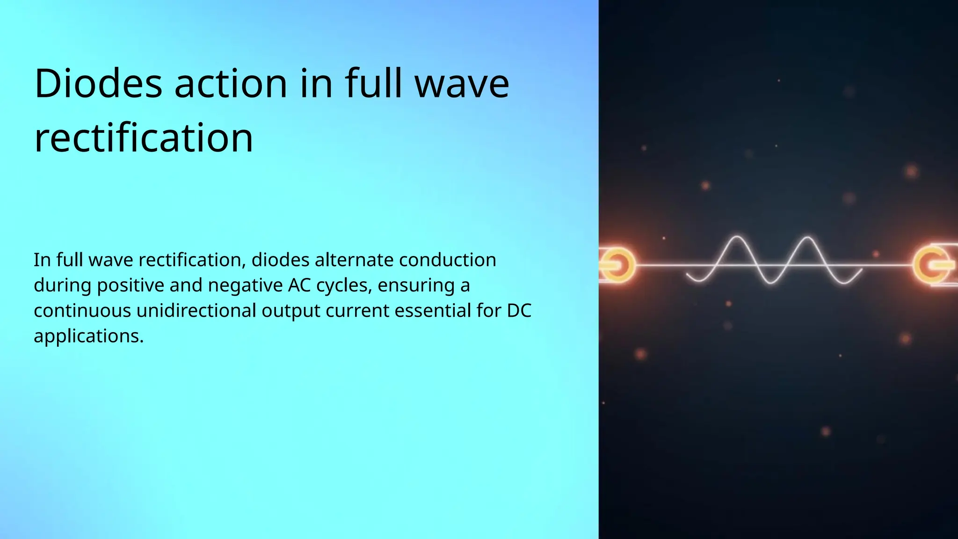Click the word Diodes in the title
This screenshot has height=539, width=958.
(98, 84)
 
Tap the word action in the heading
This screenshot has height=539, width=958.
(230, 84)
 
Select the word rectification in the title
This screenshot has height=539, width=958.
(144, 138)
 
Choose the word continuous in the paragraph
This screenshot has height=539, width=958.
(82, 311)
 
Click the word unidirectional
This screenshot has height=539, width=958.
(196, 311)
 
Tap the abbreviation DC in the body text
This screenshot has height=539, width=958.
(519, 311)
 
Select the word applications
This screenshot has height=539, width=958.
(88, 336)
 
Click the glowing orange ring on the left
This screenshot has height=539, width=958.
(617, 265)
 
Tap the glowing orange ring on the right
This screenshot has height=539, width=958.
(931, 265)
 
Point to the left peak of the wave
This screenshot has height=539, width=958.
(737, 238)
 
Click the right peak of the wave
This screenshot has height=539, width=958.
(806, 238)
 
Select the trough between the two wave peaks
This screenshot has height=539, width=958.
(771, 283)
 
